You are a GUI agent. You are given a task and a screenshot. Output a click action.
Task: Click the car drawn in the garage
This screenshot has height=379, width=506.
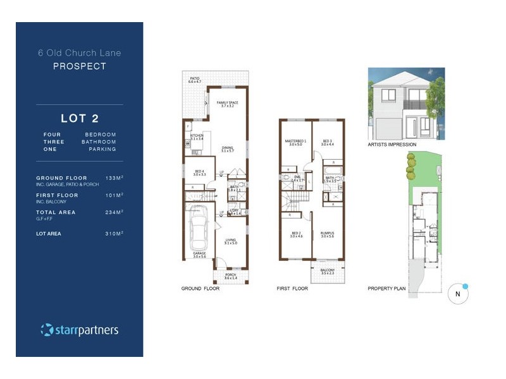click(199, 229)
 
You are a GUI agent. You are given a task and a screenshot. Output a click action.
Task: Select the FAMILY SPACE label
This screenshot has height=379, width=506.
click(228, 104)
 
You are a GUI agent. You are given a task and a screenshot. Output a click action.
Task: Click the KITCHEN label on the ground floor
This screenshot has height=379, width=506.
click(197, 136)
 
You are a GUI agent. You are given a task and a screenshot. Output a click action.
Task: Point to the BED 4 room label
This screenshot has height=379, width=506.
click(200, 172)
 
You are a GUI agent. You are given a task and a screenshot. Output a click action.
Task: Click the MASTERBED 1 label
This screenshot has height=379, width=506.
click(295, 142)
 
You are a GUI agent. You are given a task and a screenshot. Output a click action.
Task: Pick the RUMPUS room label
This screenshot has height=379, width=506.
click(326, 234)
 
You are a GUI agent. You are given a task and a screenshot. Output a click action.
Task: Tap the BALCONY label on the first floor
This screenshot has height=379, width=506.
click(327, 271)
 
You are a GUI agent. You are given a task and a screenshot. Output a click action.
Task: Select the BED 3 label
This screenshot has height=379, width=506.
click(327, 142)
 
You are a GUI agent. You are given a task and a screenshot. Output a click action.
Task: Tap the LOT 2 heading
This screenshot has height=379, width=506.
click(80, 118)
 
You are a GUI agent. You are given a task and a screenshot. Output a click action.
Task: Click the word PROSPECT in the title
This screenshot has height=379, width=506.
click(79, 66)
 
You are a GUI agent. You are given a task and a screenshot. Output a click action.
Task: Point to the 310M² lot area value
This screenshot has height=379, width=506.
click(114, 234)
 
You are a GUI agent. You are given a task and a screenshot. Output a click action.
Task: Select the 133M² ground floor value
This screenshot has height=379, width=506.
click(114, 178)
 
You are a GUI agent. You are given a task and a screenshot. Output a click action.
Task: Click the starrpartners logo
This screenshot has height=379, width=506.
click(80, 330)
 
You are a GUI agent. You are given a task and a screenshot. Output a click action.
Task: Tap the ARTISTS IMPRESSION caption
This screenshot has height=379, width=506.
click(392, 145)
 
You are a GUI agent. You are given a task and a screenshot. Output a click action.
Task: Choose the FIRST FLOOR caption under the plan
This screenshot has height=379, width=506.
click(292, 289)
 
